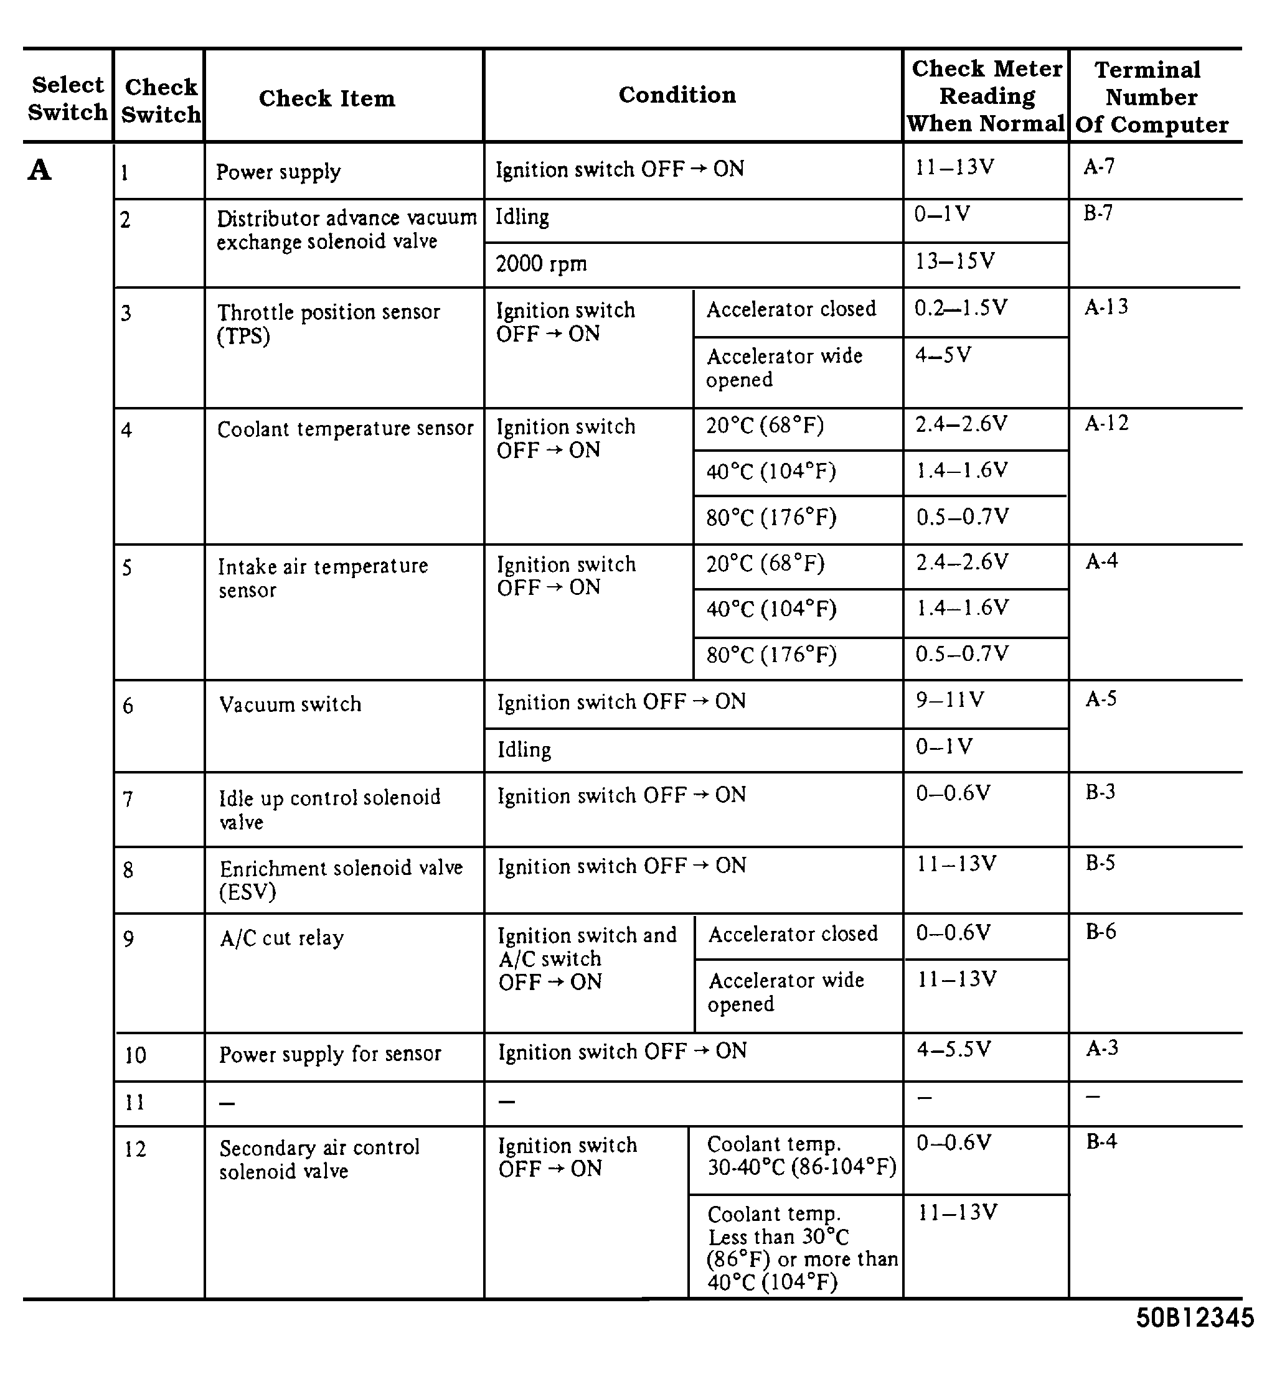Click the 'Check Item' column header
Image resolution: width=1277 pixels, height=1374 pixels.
coord(327,98)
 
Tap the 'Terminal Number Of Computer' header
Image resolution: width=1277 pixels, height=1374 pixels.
coord(1151,96)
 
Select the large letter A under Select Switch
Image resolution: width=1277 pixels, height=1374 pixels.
coord(39,170)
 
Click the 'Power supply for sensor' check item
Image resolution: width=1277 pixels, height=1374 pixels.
coord(329,1054)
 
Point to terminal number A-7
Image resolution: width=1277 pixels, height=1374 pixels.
coord(1099,167)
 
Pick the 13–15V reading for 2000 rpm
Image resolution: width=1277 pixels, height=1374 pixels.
coord(954,261)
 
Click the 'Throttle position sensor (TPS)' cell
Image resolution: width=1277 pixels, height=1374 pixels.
coord(328,324)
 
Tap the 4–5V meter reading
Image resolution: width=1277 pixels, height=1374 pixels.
coord(943,355)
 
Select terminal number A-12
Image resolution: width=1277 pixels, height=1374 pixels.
coord(1106,423)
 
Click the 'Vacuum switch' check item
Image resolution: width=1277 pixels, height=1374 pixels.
coord(290,704)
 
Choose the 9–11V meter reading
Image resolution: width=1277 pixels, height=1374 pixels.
coord(950,700)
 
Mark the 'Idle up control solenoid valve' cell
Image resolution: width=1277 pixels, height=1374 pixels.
coord(329,809)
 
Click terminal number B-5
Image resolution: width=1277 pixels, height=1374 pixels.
coord(1100,863)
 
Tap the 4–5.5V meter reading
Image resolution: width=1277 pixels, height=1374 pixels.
coord(954,1049)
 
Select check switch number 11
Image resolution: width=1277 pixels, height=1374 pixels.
coord(134,1102)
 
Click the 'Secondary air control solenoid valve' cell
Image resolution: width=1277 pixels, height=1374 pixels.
coord(319,1159)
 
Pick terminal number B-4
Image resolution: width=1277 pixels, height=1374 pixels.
coord(1101,1141)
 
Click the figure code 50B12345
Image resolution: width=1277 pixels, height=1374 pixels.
coord(1195,1317)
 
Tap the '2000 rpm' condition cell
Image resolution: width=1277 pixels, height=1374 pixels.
coord(541,264)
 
